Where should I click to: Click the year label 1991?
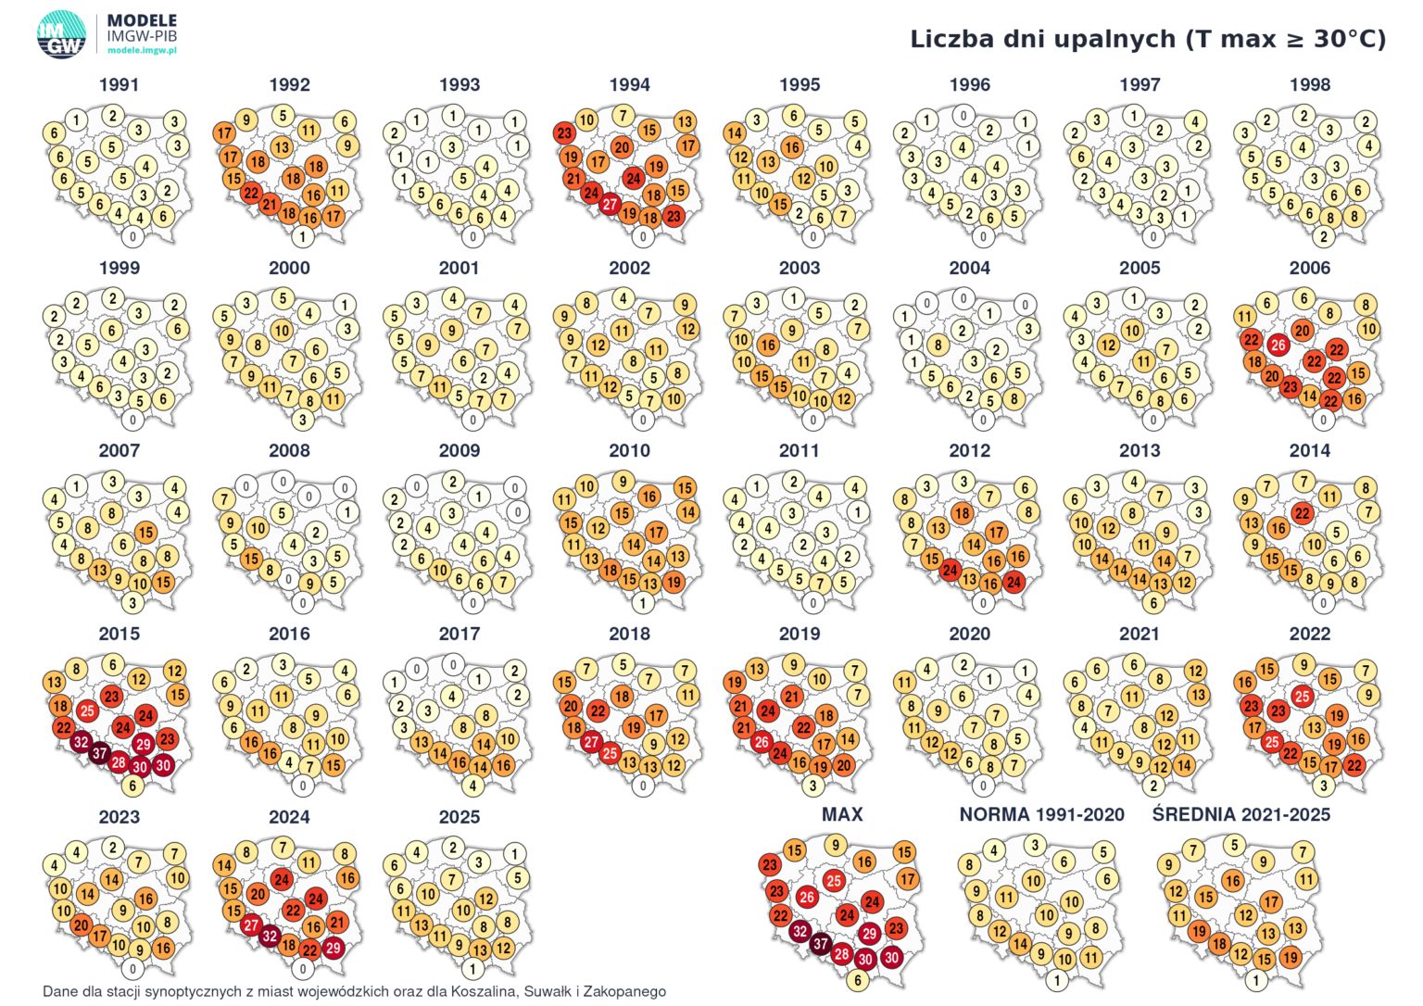tap(119, 84)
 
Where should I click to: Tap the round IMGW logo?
tap(62, 35)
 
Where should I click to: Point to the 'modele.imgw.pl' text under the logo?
tap(143, 50)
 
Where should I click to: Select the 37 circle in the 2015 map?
tap(100, 754)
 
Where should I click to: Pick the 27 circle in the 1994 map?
tap(610, 204)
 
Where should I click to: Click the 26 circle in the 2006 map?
tap(1278, 346)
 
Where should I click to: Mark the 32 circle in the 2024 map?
tap(270, 936)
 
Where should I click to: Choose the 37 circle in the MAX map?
tap(821, 944)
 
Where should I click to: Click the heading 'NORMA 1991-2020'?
tap(1042, 814)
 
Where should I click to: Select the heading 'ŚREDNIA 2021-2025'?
tap(1241, 814)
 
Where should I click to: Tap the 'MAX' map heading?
tap(842, 814)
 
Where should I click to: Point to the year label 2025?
tap(460, 817)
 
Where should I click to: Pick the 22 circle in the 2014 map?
tap(1303, 513)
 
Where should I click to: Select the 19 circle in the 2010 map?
tap(674, 582)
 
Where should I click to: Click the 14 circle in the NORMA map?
tap(1020, 944)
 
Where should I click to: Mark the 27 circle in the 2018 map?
tap(591, 742)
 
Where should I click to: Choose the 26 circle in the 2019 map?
tap(762, 742)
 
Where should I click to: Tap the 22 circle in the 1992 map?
tap(252, 193)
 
